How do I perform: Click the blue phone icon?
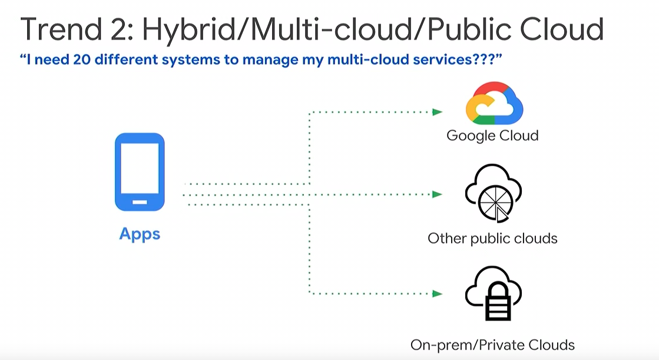pos(140,171)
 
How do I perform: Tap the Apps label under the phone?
pos(140,234)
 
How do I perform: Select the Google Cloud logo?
pos(494,104)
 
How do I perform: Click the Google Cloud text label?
pos(492,136)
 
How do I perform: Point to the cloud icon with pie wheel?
pos(493,193)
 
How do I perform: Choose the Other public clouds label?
pos(492,239)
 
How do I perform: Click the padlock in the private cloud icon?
pos(498,302)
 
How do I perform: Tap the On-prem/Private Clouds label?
pos(492,345)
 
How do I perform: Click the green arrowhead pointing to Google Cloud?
pos(438,112)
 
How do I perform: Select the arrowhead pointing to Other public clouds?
pos(438,194)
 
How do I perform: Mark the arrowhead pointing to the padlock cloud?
pos(438,293)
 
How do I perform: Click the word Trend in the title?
pos(61,29)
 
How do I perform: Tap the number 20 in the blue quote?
pos(81,60)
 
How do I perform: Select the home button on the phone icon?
pos(140,202)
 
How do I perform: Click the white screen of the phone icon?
pos(140,168)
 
